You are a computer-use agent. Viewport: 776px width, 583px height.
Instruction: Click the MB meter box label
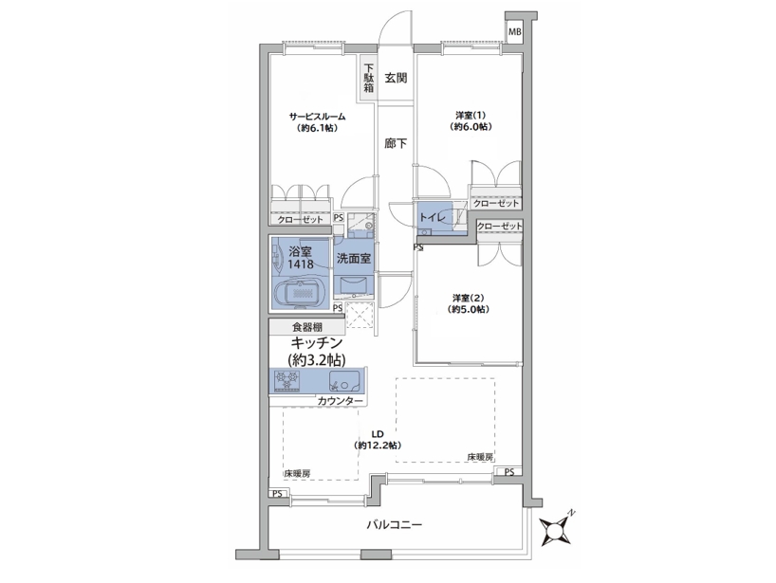click(x=515, y=32)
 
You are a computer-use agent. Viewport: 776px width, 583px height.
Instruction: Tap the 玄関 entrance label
click(x=396, y=78)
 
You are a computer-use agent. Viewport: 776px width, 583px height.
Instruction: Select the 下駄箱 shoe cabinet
click(x=369, y=78)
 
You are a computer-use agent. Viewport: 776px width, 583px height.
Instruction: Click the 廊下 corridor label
click(x=396, y=143)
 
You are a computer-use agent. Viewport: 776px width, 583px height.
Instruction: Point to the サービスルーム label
click(x=317, y=117)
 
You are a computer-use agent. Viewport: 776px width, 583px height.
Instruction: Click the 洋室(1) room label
click(x=471, y=116)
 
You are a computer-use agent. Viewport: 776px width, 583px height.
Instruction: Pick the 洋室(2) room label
click(x=469, y=299)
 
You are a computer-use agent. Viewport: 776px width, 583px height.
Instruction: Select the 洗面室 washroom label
click(x=353, y=258)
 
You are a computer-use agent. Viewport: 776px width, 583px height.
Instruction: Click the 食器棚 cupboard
click(x=306, y=327)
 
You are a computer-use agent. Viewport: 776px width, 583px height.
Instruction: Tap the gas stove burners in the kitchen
click(x=288, y=380)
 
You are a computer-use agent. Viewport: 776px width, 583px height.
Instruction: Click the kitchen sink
click(x=345, y=380)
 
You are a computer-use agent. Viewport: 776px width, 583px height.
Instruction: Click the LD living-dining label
click(x=378, y=434)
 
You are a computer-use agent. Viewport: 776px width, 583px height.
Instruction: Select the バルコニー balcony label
click(x=395, y=524)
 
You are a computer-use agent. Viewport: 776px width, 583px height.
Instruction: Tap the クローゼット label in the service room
click(x=301, y=220)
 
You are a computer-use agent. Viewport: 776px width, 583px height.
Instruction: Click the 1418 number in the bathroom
click(x=301, y=264)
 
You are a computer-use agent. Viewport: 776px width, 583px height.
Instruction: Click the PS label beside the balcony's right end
click(x=509, y=472)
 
